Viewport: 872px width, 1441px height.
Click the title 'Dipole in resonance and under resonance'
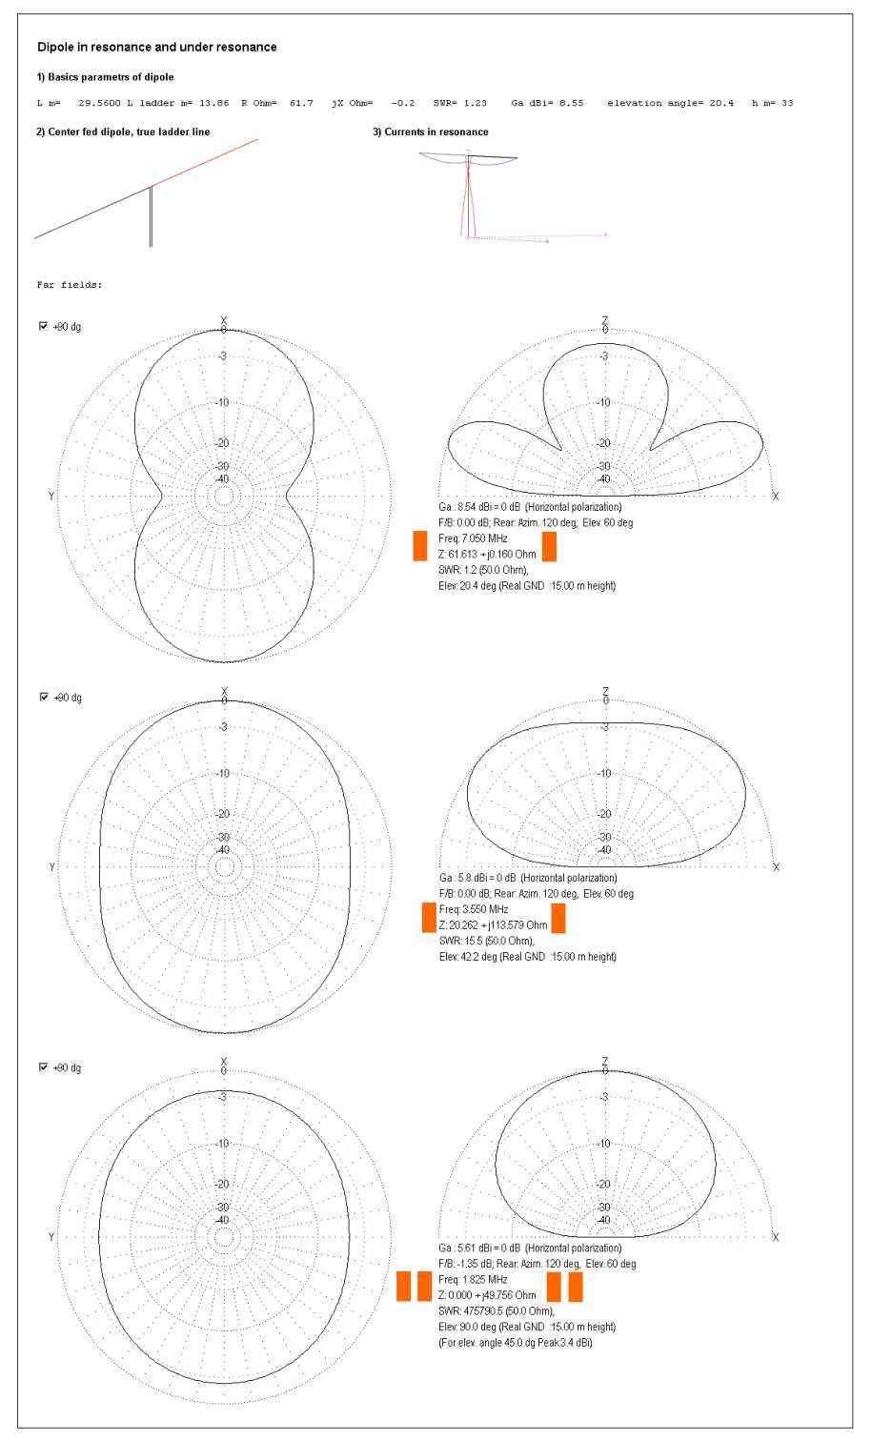156,47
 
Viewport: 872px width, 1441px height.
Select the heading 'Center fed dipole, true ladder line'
122,132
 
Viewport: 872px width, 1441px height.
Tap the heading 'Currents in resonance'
430,132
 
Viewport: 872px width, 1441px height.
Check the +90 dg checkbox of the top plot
43,327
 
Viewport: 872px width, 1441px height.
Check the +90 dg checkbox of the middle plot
43,698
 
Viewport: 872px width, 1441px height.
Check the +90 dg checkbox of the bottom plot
43,1067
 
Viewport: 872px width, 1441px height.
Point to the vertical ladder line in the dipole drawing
151,216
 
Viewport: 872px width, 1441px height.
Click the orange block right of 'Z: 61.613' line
549,547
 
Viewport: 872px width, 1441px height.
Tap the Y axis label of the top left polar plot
51,497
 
